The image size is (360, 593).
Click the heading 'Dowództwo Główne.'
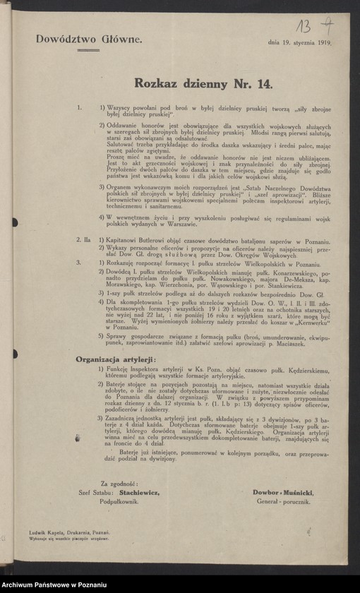pyautogui.click(x=89, y=40)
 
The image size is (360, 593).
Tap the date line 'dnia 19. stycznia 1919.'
pyautogui.click(x=300, y=42)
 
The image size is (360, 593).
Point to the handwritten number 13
pyautogui.click(x=304, y=27)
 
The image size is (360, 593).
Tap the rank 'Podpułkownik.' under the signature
pyautogui.click(x=117, y=501)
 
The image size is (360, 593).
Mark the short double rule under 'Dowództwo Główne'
pyautogui.click(x=88, y=50)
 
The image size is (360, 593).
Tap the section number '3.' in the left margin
pyautogui.click(x=80, y=262)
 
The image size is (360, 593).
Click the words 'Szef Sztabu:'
pyautogui.click(x=98, y=492)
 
